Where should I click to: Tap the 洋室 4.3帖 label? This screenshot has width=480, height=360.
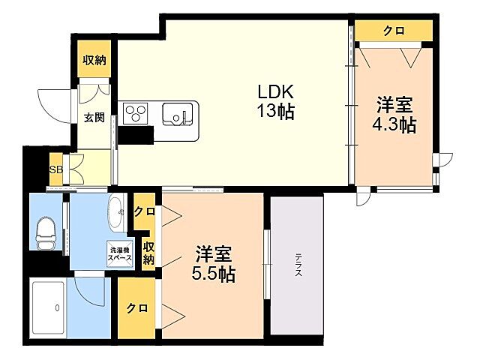click(x=394, y=115)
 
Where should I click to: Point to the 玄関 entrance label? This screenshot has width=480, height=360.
click(x=94, y=117)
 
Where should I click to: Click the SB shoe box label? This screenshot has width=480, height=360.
click(x=55, y=169)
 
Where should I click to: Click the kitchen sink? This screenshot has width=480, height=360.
click(x=177, y=115)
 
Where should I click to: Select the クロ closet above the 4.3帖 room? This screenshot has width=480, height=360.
click(x=393, y=30)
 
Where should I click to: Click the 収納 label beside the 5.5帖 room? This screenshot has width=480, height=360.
click(x=148, y=253)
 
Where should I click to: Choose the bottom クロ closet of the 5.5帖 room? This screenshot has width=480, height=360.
click(x=136, y=307)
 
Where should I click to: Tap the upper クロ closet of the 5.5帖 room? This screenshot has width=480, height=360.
click(x=144, y=211)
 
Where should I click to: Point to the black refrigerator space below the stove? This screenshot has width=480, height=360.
click(x=135, y=134)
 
